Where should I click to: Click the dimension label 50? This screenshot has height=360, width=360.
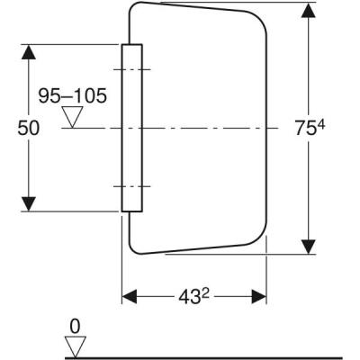28,128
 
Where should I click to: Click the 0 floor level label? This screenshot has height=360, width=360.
76,325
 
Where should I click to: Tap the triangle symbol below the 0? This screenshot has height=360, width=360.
76,344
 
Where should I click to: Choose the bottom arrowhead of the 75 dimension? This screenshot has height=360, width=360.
309,244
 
